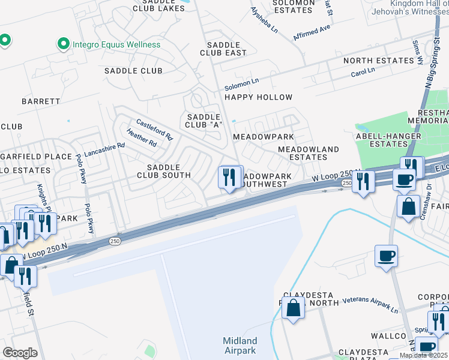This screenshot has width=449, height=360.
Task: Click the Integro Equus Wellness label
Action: coord(116,44)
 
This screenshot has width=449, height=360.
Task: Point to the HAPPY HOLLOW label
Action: coord(258,97)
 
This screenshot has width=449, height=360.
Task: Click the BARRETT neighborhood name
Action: coord(41,101)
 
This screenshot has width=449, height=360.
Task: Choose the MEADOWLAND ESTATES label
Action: coord(309,153)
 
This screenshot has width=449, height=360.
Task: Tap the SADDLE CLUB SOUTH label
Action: coord(164,171)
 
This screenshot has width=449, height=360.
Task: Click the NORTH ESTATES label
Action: coord(379,61)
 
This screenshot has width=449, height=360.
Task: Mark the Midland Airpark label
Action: coord(240,346)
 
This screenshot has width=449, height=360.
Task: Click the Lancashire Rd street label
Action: coord(104,145)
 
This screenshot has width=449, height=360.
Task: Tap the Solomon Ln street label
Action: coord(241,81)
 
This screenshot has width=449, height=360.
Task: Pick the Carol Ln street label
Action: coord(363,71)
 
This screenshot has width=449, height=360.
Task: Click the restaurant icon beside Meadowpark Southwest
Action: coord(229,178)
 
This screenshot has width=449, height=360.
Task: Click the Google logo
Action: coord(20,353)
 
